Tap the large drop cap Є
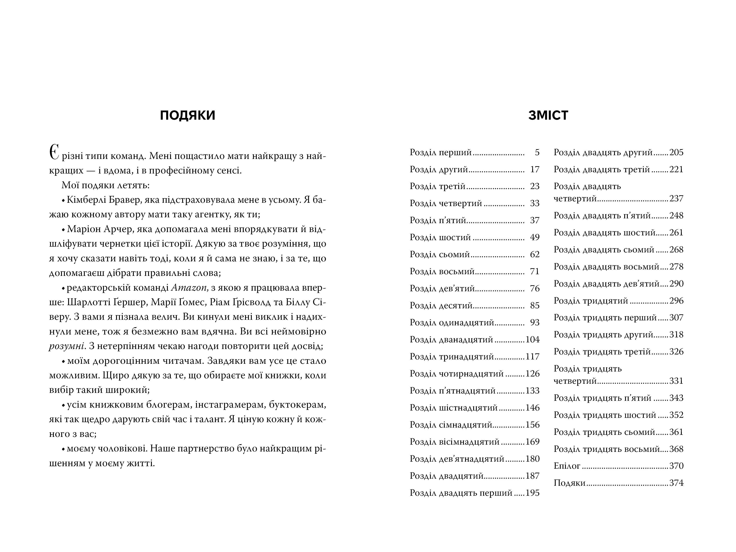point(54,154)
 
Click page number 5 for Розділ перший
point(537,152)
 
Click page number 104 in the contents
point(532,339)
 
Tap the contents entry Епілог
point(567,466)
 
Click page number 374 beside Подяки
point(676,483)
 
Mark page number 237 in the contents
point(676,199)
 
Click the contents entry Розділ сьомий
point(440,254)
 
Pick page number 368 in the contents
point(676,449)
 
